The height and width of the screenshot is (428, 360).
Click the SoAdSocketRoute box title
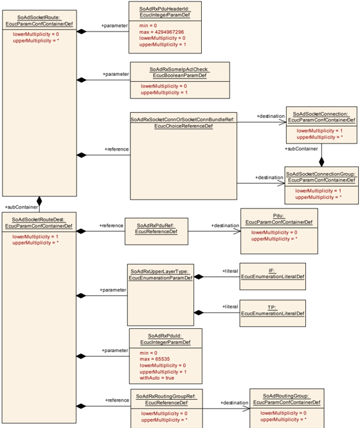39,21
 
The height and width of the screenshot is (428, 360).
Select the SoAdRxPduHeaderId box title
165,12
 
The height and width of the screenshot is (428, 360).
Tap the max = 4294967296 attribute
161,32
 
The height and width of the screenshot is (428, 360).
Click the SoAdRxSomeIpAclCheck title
179,72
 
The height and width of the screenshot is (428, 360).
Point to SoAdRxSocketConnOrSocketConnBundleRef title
183,122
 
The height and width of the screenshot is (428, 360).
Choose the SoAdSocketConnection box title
321,117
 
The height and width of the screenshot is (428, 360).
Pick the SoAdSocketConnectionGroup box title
321,177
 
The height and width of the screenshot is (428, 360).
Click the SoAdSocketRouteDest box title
39,223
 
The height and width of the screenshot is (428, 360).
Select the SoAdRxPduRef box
156,231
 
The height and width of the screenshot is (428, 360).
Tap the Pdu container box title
279,219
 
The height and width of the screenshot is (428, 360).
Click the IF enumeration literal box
273,277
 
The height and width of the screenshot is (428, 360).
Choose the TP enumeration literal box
273,313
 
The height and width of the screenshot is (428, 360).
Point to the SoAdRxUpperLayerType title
160,275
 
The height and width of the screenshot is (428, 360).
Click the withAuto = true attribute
157,378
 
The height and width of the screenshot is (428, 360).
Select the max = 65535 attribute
155,359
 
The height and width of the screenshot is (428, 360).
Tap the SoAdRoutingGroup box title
287,399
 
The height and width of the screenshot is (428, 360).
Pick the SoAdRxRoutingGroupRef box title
166,400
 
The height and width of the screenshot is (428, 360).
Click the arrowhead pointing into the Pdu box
237,231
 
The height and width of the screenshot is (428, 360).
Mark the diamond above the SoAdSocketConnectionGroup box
321,162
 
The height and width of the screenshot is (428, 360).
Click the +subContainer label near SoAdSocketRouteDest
21,207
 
